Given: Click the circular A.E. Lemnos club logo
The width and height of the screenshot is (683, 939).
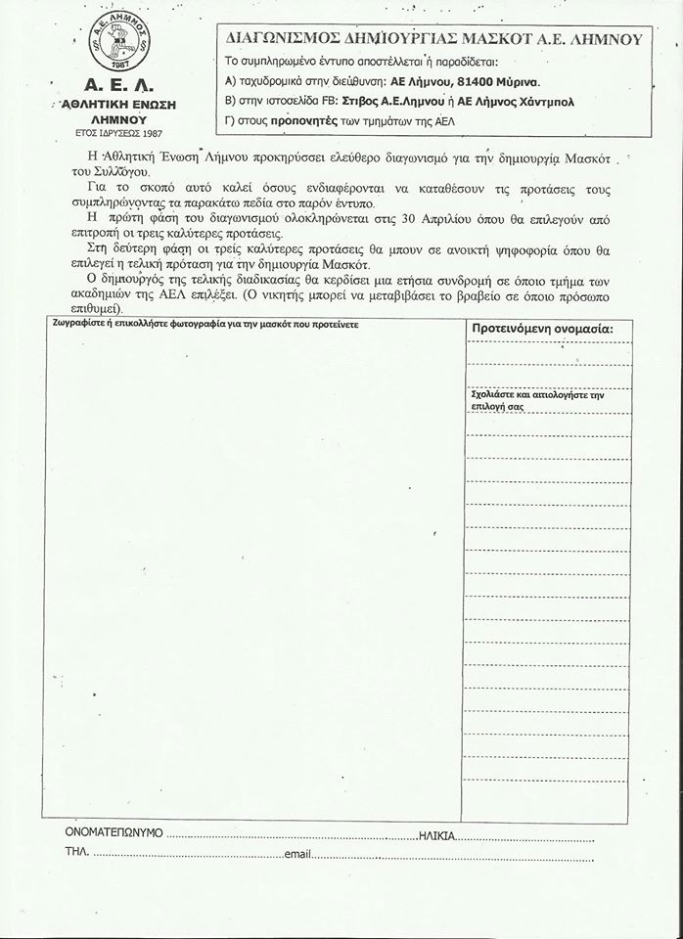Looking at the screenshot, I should tap(115, 45).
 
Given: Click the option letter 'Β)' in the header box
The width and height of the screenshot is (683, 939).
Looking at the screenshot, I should tap(231, 101).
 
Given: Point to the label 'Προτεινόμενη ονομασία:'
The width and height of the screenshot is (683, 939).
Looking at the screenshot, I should tap(543, 328).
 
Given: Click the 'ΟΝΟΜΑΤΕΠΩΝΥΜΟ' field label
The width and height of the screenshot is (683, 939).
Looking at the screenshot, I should tap(113, 834).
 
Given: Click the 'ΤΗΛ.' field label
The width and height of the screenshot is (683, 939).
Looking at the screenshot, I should tap(77, 854).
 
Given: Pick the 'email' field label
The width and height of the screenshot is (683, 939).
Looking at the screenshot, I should tap(296, 855).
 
